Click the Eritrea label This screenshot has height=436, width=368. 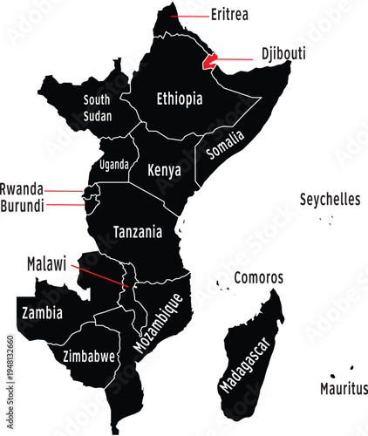click(x=229, y=15)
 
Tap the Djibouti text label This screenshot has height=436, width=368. click(x=283, y=53)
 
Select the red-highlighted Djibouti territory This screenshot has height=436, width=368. click(x=208, y=62)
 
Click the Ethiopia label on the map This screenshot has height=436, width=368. click(x=179, y=99)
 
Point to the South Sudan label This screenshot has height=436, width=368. click(x=97, y=106)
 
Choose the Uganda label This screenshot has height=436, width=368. click(x=114, y=164)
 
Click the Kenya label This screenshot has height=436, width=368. click(x=164, y=169)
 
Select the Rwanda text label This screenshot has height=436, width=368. click(x=22, y=188)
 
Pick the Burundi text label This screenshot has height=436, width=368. click(x=23, y=205)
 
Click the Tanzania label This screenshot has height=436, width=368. click(x=138, y=232)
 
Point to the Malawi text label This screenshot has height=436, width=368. click(x=46, y=262)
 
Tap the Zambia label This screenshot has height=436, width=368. click(x=42, y=311)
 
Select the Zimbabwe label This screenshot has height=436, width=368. click(x=90, y=356)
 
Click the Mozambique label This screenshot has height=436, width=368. click(x=158, y=323)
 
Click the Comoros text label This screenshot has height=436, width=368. click(x=258, y=277)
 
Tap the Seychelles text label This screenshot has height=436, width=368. click(x=330, y=199)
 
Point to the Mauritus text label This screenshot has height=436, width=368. click(x=344, y=388)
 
